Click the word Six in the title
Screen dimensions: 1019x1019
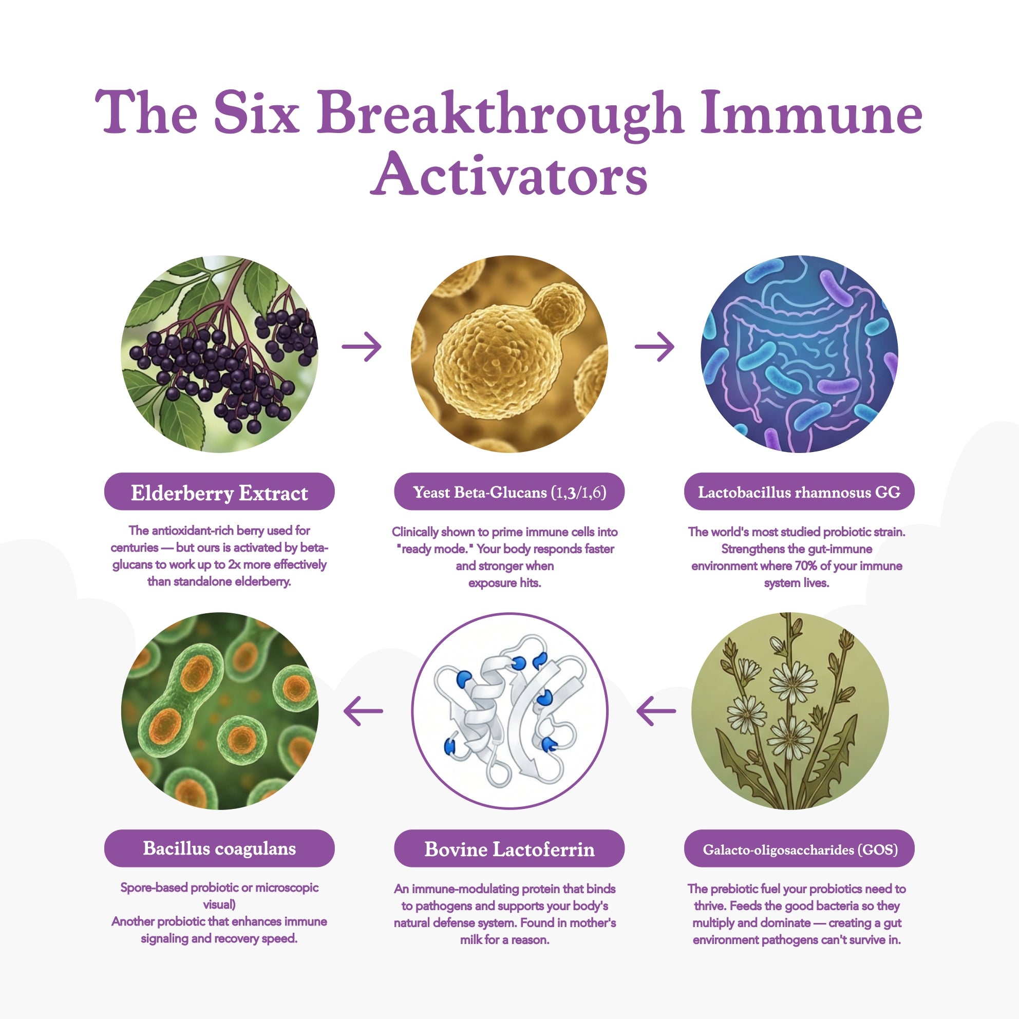click(256, 112)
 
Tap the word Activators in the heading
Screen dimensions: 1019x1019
click(509, 174)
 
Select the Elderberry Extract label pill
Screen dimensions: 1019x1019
click(219, 491)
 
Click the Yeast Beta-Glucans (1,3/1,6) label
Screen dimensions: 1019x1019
click(509, 491)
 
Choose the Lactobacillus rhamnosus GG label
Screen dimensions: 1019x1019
click(799, 491)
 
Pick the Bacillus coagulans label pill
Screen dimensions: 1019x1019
click(219, 848)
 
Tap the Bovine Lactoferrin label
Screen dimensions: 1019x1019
click(509, 848)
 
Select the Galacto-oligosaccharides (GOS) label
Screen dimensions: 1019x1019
click(799, 848)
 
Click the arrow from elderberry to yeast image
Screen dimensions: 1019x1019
click(362, 347)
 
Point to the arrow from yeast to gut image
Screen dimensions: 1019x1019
click(654, 347)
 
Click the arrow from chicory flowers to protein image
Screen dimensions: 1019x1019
click(656, 711)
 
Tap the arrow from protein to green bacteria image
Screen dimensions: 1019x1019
click(364, 711)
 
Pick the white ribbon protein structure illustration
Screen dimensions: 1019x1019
click(509, 711)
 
